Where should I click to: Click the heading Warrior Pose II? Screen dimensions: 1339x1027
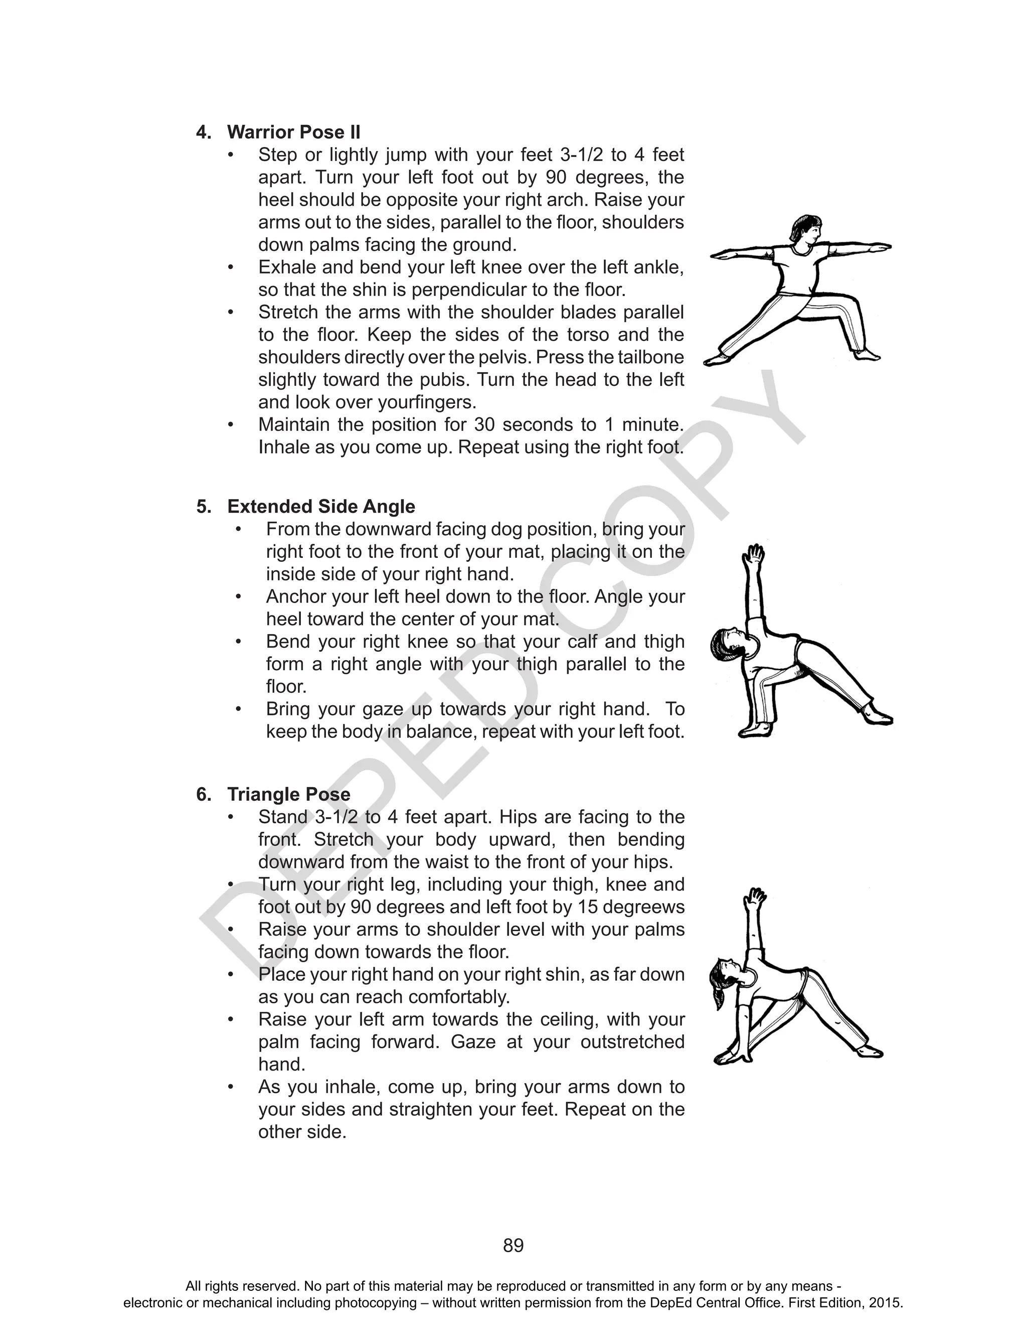click(x=293, y=132)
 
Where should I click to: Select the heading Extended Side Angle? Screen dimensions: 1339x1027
click(x=321, y=506)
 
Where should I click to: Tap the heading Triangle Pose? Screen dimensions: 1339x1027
click(x=288, y=794)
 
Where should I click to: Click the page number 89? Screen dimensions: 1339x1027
click(x=513, y=1246)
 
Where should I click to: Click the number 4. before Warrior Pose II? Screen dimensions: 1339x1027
click(x=204, y=132)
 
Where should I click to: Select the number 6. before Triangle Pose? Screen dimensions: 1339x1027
click(x=204, y=794)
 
